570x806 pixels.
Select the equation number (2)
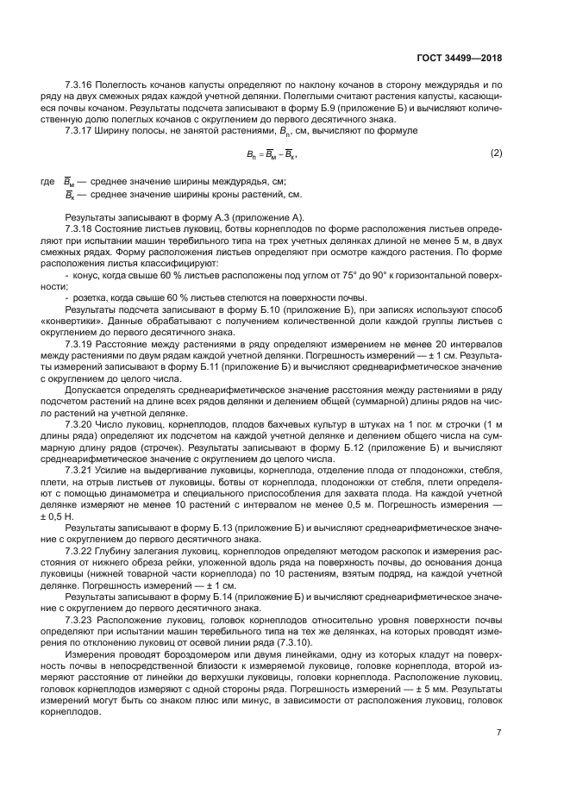point(496,153)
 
